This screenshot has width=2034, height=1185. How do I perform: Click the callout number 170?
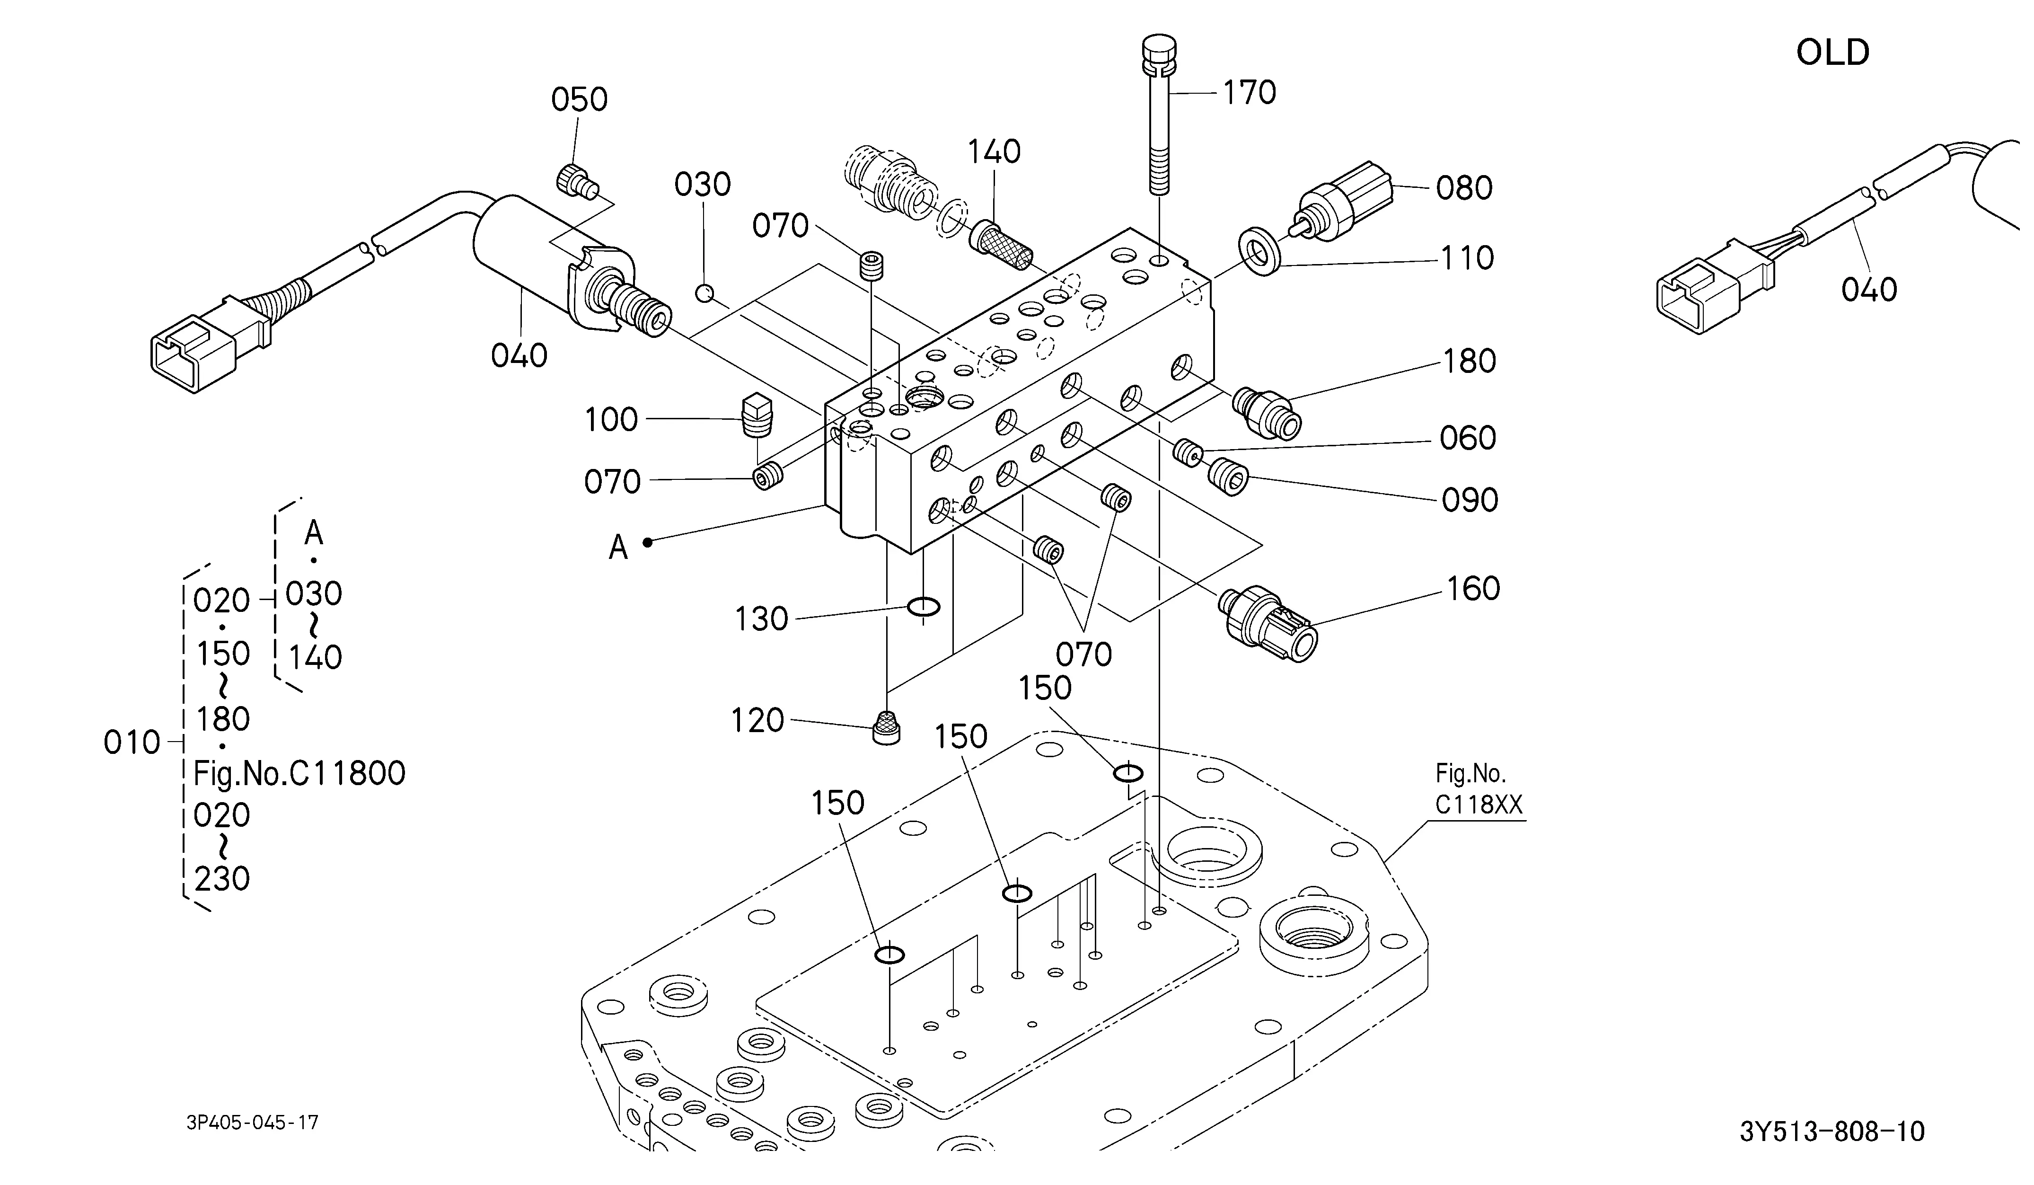click(1250, 93)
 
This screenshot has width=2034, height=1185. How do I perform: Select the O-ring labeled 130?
click(924, 606)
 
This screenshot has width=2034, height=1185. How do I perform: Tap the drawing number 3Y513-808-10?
click(1831, 1131)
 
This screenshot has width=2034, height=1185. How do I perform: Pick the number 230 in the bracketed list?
click(222, 878)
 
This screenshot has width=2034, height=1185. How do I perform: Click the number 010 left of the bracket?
click(132, 743)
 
